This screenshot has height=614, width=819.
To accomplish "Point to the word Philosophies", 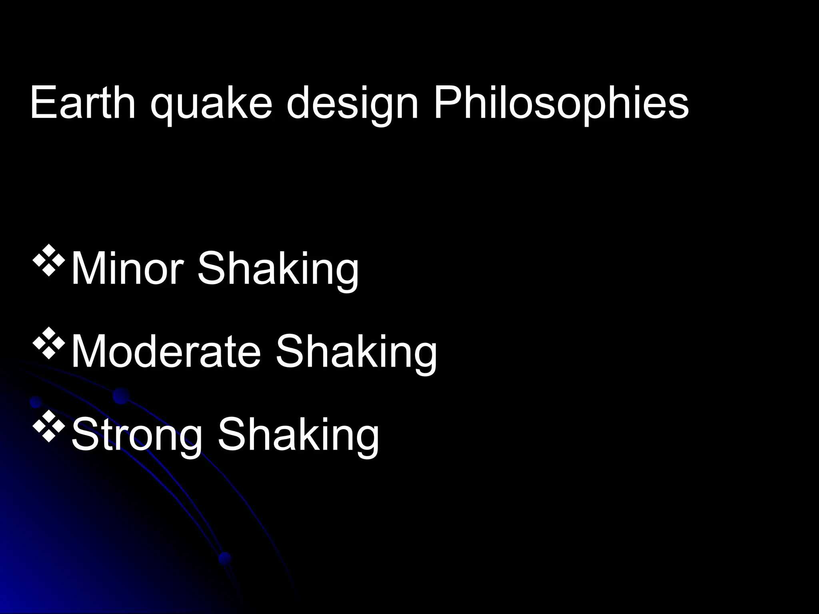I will coord(561,103).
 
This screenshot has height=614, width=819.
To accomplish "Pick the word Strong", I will coord(136,435).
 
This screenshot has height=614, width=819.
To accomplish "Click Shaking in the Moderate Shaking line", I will coord(356,352).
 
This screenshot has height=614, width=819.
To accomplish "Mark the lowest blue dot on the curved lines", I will coord(225,558).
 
